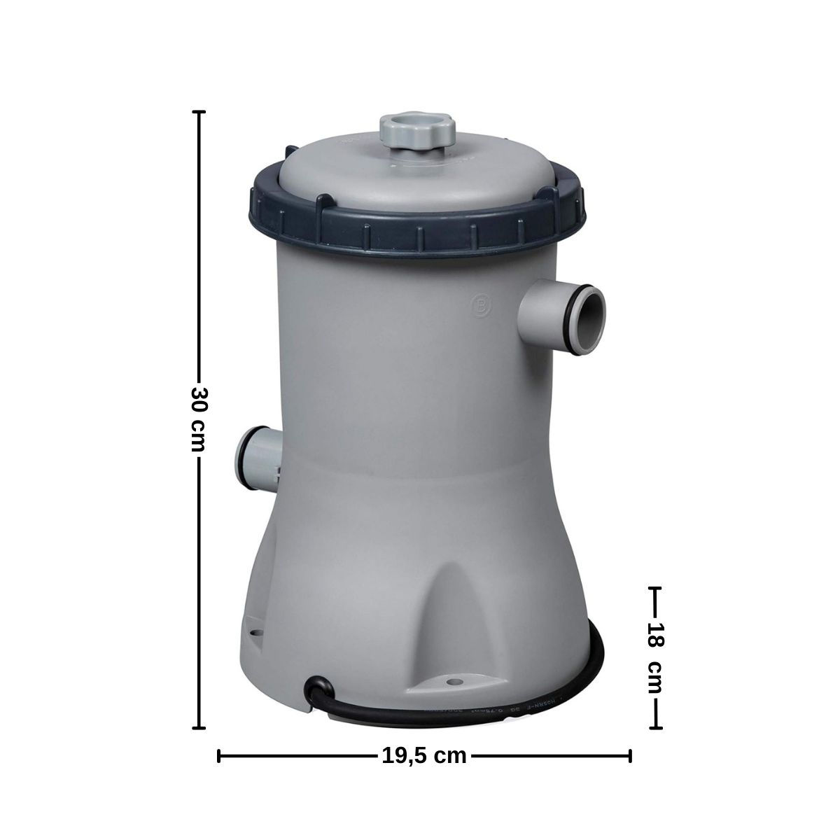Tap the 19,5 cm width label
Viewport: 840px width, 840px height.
[424, 755]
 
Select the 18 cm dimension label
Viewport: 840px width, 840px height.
[655, 657]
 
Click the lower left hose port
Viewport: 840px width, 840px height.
[258, 459]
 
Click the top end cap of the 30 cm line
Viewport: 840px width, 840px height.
[199, 112]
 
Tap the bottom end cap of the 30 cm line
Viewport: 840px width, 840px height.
[199, 729]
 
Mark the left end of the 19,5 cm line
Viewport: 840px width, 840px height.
[220, 755]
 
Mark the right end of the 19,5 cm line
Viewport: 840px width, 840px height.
[630, 755]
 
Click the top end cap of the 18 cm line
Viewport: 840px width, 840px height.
[655, 588]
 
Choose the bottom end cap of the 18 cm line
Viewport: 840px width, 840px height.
[655, 729]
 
